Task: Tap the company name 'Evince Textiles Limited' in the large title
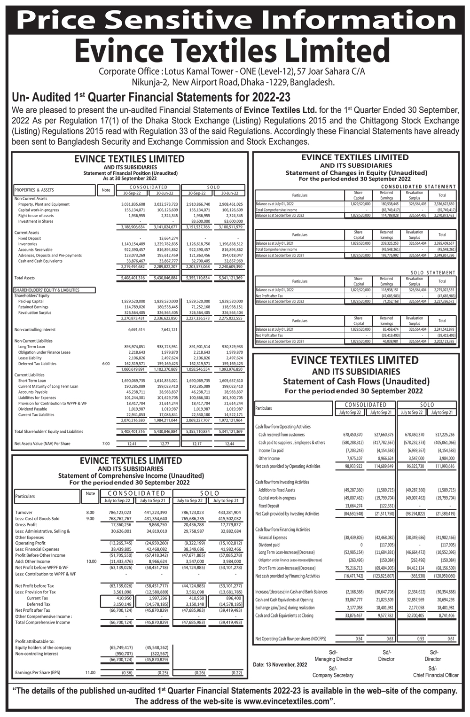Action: [x=232, y=51]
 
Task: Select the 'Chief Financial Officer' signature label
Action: [x=436, y=675]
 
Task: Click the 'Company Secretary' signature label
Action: [x=333, y=675]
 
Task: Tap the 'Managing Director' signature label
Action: [x=333, y=659]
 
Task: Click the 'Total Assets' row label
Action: [x=24, y=278]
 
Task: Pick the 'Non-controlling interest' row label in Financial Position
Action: [x=35, y=330]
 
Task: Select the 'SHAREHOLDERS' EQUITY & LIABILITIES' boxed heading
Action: [x=47, y=290]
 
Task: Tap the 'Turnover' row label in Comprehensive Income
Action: [x=24, y=512]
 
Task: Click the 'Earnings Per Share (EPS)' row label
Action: [x=38, y=673]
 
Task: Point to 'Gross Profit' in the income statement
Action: [x=26, y=524]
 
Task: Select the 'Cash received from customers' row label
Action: [x=282, y=435]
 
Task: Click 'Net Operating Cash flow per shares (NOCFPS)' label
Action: [x=290, y=639]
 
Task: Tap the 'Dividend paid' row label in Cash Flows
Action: [x=270, y=545]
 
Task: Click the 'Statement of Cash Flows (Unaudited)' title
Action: [x=356, y=381]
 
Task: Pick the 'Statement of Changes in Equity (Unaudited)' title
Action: [x=356, y=172]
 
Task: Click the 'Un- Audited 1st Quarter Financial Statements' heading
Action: [x=151, y=97]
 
